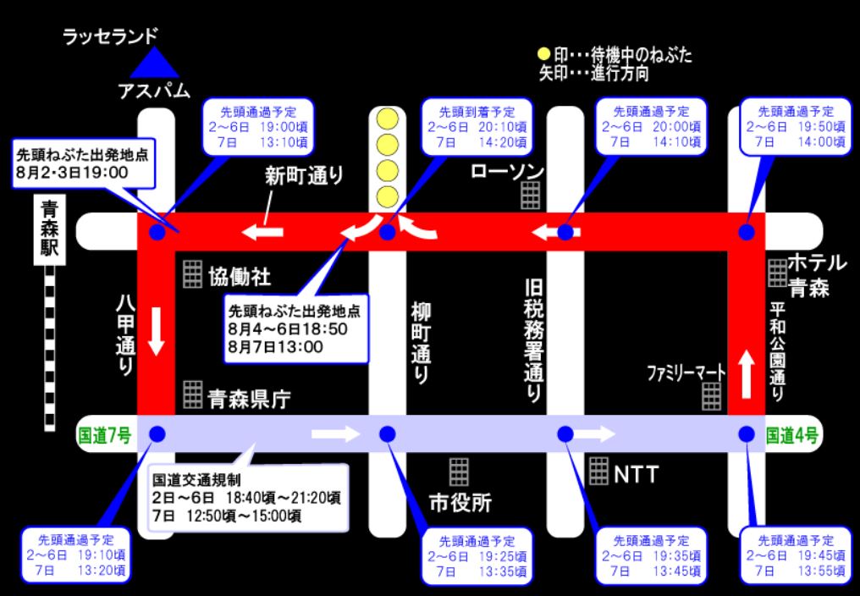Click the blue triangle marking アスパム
coord(154,63)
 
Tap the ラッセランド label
coord(110,36)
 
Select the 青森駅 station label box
coord(49,229)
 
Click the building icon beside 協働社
coord(192,274)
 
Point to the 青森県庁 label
coord(249,399)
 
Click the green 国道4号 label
coord(792,436)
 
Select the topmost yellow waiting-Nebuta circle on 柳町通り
coord(389,119)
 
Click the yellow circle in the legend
coord(543,54)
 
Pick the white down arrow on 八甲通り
coord(157,332)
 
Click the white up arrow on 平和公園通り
coord(746,375)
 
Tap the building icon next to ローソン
coord(531,196)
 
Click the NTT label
coord(637,475)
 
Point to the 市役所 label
coord(460,502)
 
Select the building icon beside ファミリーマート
coord(712,396)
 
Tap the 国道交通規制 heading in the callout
coord(196,480)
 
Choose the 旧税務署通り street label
coord(533,340)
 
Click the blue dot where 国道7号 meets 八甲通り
coord(157,434)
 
